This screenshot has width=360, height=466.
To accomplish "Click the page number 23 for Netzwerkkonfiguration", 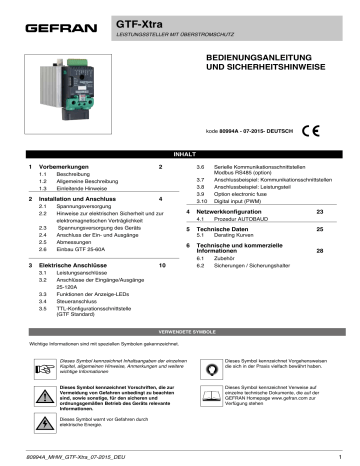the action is click(320, 212).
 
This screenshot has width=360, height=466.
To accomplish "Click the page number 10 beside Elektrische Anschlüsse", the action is click(162, 267).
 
